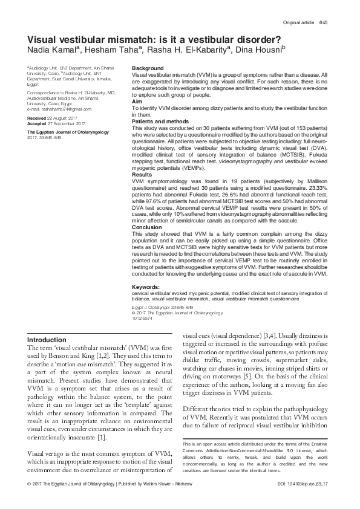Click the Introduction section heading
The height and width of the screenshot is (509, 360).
coord(51,340)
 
